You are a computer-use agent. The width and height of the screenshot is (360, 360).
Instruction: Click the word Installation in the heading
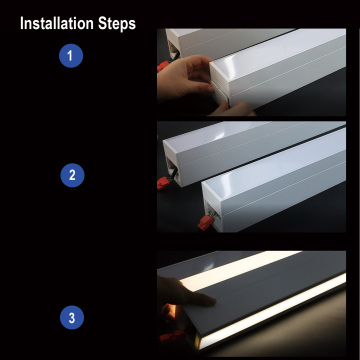click(x=59, y=22)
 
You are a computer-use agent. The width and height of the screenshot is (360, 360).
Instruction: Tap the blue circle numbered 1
click(x=70, y=56)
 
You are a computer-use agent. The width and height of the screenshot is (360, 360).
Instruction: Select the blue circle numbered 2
click(x=70, y=175)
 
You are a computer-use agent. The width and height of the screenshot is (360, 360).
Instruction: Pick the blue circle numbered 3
click(x=70, y=319)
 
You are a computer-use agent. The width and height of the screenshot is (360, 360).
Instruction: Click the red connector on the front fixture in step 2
click(x=211, y=215)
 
